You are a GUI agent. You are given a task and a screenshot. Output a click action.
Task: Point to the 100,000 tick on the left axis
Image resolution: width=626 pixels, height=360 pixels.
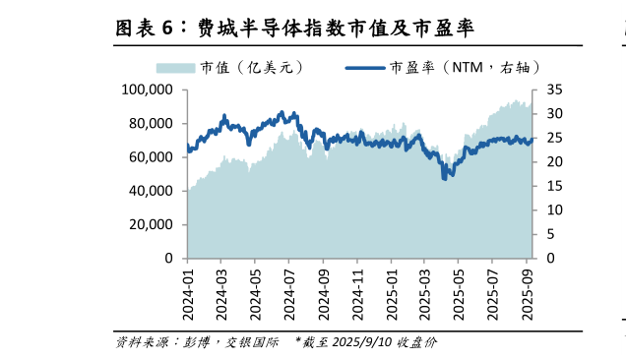pyautogui.click(x=148, y=90)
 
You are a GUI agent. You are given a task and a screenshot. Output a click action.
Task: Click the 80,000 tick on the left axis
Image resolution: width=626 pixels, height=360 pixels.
pyautogui.click(x=152, y=124)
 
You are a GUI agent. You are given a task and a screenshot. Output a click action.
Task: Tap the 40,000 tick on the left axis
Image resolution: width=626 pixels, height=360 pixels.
pyautogui.click(x=152, y=191)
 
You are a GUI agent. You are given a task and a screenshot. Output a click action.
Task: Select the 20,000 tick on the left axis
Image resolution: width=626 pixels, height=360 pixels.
pyautogui.click(x=152, y=225)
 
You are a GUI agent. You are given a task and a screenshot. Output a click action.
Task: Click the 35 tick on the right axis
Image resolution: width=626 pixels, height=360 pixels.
pyautogui.click(x=553, y=90)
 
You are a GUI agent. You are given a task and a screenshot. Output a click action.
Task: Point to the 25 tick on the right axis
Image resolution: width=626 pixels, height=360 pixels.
pyautogui.click(x=553, y=138)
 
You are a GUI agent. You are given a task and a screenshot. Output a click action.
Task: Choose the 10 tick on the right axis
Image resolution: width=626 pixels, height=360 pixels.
pyautogui.click(x=553, y=210)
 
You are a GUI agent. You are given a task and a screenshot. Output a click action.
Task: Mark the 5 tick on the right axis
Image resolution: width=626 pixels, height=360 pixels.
pyautogui.click(x=549, y=234)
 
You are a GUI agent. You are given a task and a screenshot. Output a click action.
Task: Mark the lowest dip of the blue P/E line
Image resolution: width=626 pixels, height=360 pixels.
pyautogui.click(x=445, y=177)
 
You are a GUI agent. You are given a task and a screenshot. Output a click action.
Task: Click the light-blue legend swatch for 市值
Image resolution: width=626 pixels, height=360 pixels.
pyautogui.click(x=176, y=67)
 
